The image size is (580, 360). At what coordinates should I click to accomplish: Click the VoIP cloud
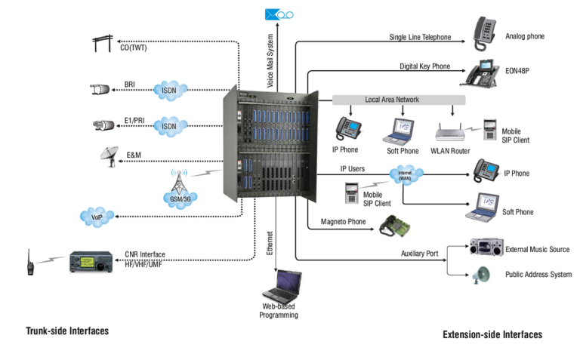point(97,217)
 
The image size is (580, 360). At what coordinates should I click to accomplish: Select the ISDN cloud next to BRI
point(169,90)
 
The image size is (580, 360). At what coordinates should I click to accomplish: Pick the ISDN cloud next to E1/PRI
point(169,126)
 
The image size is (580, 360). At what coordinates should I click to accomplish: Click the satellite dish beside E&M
point(110,155)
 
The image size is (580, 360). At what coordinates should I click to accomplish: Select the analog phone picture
point(485,32)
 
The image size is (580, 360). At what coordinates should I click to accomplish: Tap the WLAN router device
point(451,133)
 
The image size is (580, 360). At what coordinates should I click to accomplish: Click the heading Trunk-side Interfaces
point(67,331)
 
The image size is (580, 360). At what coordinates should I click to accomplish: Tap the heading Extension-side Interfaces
point(492,334)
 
